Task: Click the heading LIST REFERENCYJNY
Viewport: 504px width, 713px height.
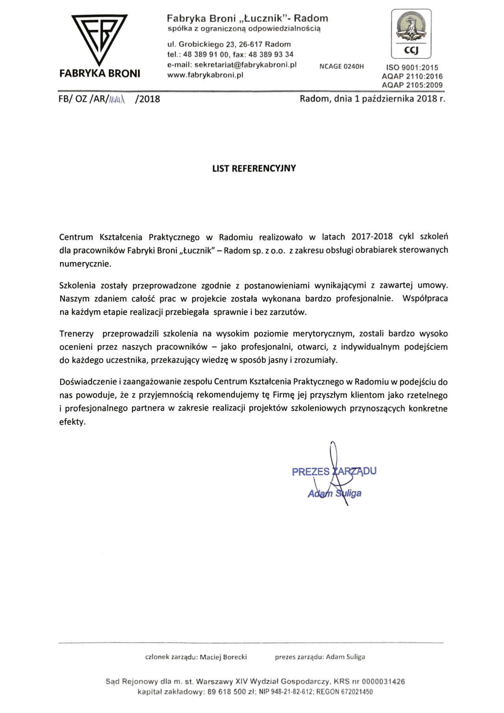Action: tap(254, 169)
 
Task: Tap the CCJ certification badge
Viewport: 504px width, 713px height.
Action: tap(411, 34)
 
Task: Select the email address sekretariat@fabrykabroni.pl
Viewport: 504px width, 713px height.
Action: tap(245, 65)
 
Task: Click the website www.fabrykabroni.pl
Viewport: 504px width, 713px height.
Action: tap(205, 75)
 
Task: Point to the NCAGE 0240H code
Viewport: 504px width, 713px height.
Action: tap(341, 67)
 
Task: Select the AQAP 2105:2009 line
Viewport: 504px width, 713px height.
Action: tap(412, 85)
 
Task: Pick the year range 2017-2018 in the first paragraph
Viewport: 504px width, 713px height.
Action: tap(372, 237)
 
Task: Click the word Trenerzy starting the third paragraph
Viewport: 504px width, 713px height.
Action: tap(76, 334)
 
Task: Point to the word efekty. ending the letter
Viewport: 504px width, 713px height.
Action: tap(72, 422)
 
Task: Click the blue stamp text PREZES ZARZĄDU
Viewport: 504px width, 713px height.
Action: tap(334, 472)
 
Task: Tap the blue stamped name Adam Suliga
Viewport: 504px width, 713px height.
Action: tap(334, 494)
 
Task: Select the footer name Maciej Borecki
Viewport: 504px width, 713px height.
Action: tap(223, 657)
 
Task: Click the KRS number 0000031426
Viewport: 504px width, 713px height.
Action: tap(383, 681)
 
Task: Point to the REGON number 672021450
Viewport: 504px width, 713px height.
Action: tap(358, 692)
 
